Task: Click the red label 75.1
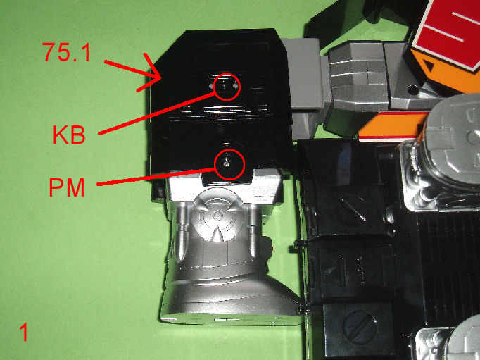pos(66,52)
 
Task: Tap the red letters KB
pos(69,135)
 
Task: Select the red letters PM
pos(67,187)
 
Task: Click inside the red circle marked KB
pos(227,87)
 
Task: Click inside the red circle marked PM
pos(229,165)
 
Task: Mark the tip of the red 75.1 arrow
pos(161,79)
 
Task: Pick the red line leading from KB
pos(157,113)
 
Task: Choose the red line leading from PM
pos(156,177)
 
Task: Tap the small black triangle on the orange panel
pos(429,66)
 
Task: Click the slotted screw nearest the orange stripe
pos(352,209)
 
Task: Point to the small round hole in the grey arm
pos(413,89)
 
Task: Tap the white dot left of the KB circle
pos(211,87)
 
